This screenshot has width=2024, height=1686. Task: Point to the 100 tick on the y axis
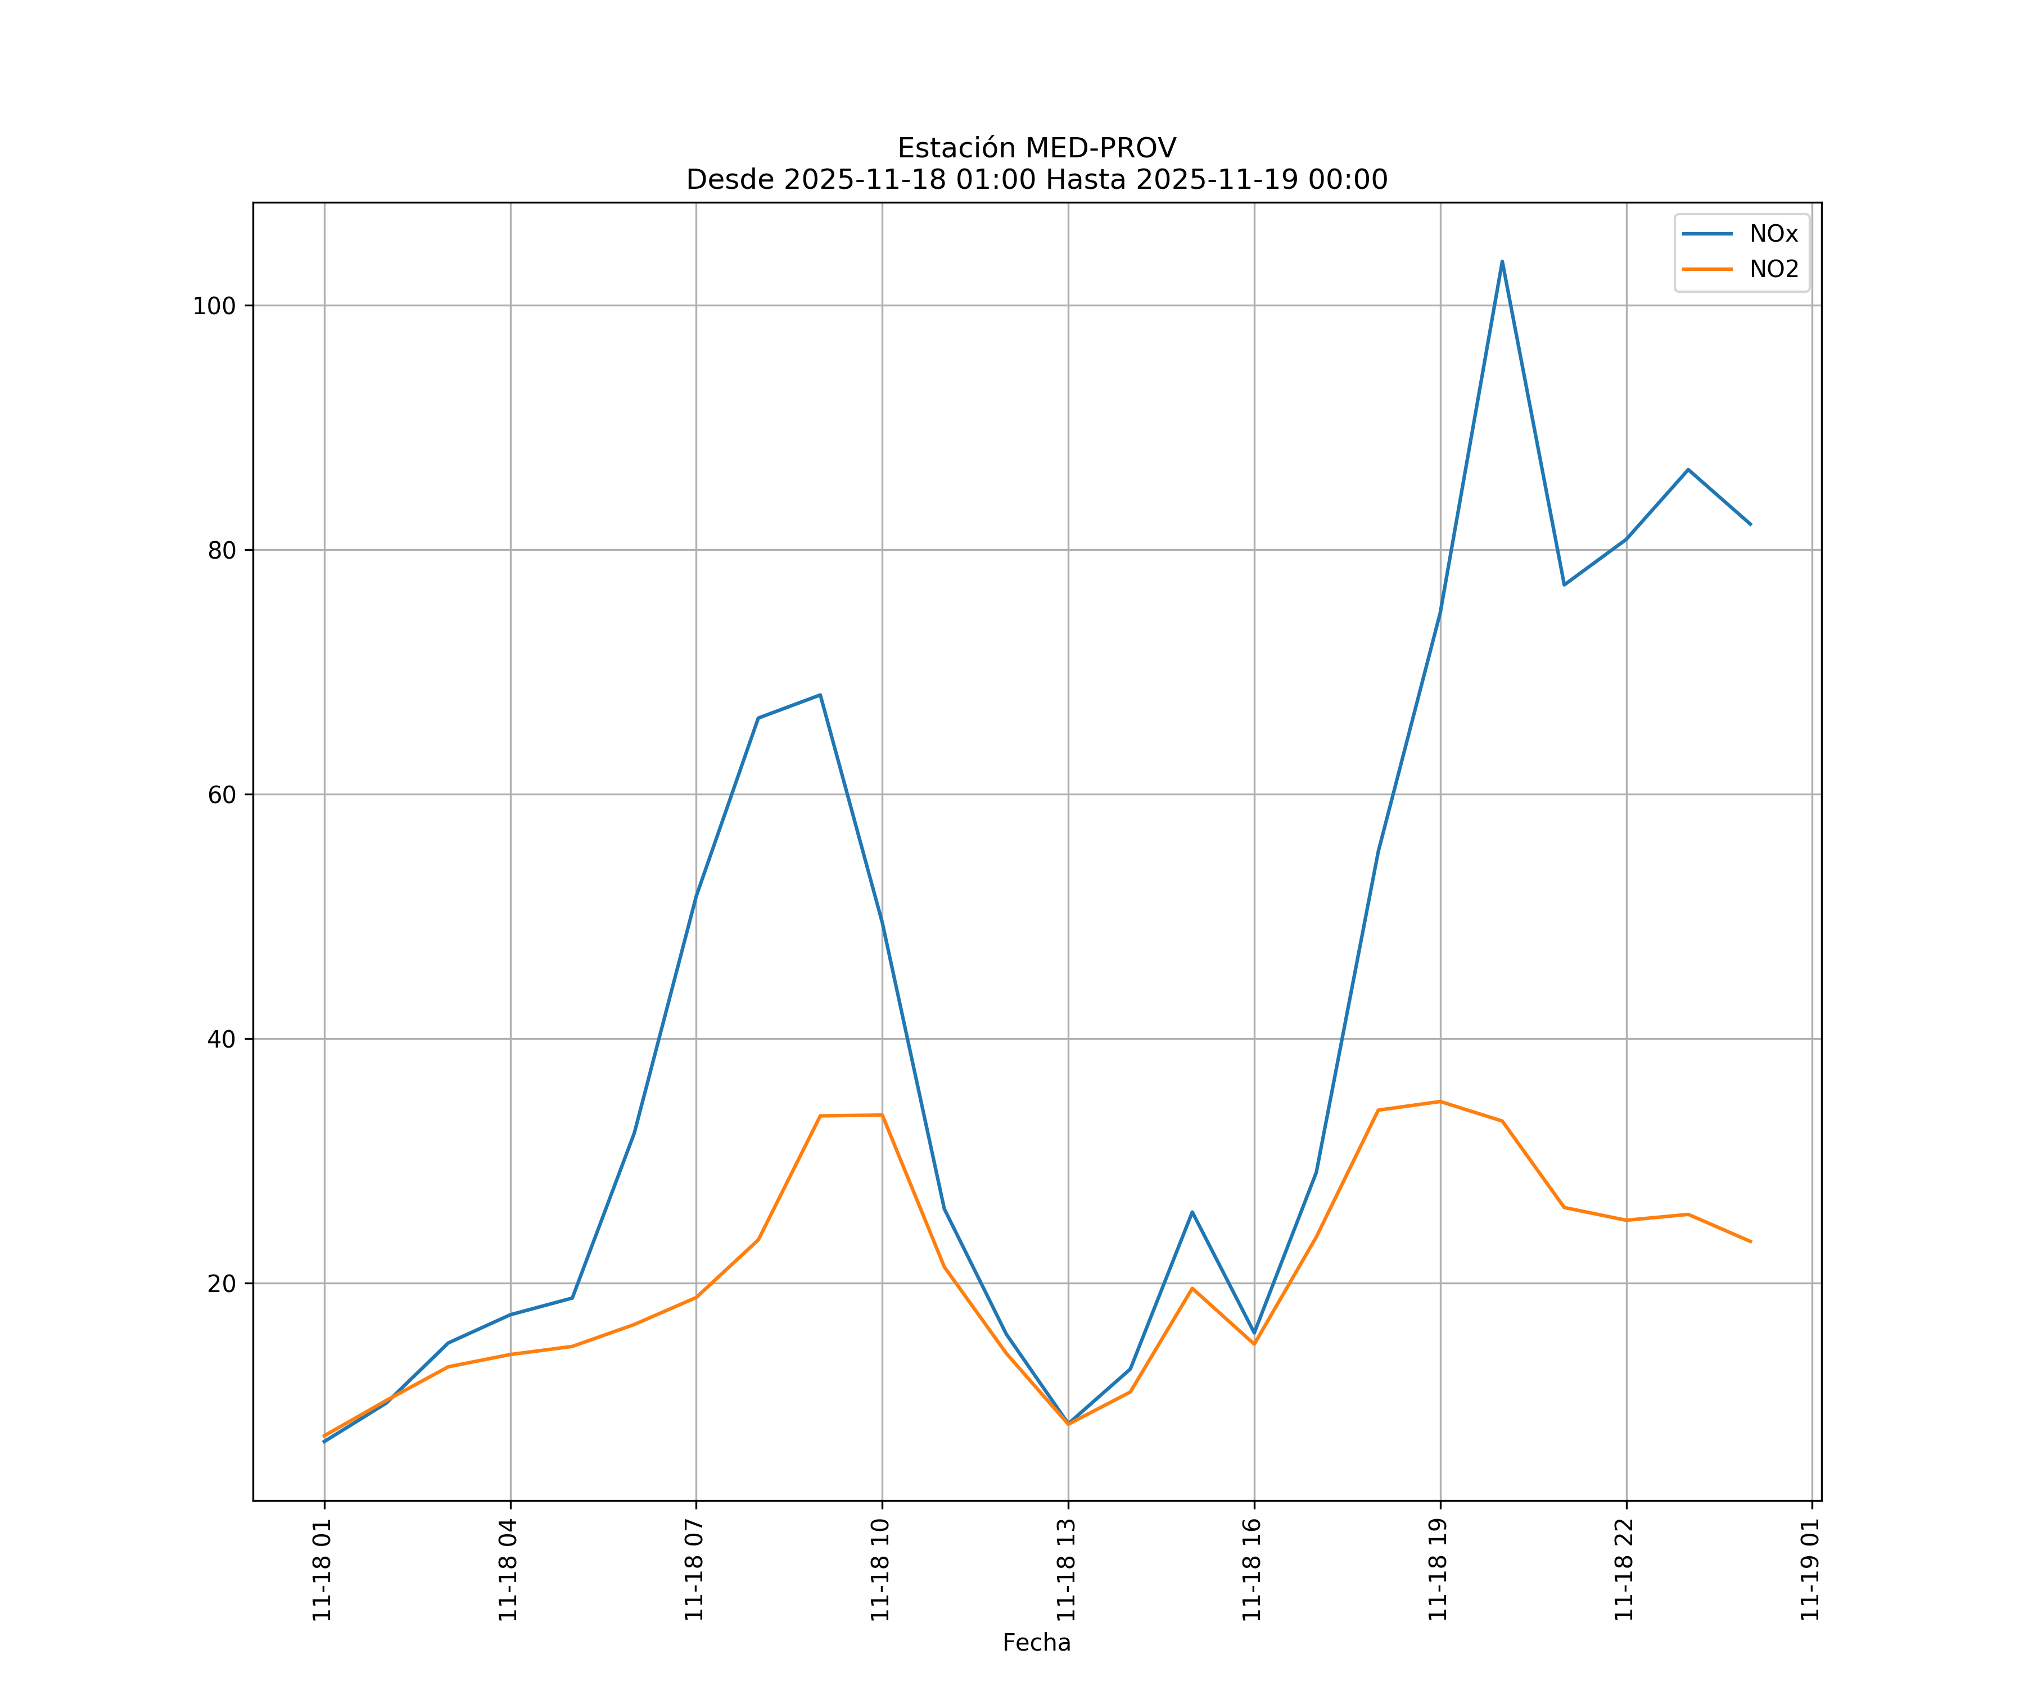pos(214,306)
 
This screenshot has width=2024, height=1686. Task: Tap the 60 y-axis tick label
pos(222,795)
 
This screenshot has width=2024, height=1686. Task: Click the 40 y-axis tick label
pos(222,1040)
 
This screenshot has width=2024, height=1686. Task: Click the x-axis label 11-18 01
pos(323,1570)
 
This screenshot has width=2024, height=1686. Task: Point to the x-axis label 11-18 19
pos(1439,1570)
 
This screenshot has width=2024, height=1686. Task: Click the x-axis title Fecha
pos(1036,1643)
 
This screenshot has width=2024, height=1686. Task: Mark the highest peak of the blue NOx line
pos(1502,261)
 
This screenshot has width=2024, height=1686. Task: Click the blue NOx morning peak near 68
pos(819,695)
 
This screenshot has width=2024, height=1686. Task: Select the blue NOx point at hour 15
pos(1192,1212)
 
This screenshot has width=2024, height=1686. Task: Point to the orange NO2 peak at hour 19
pos(1440,1101)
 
